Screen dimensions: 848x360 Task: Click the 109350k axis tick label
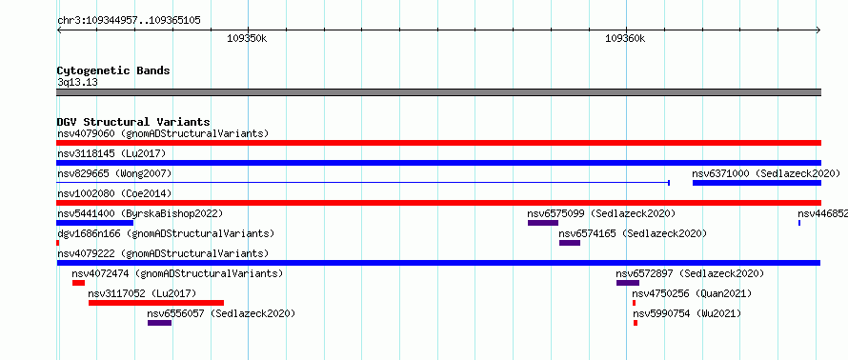[x=247, y=38]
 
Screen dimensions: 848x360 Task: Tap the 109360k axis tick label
[x=625, y=38]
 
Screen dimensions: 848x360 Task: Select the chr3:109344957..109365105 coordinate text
[x=129, y=21]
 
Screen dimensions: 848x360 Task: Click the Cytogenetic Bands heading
[x=113, y=70]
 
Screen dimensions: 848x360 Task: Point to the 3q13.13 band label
[x=77, y=82]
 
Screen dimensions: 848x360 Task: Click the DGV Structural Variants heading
[x=133, y=122]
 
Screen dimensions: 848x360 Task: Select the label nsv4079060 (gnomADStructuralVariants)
[x=163, y=133]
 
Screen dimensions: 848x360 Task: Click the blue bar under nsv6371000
[x=757, y=183]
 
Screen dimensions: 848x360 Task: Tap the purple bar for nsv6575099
[x=543, y=223]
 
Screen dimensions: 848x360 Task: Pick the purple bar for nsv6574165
[x=570, y=243]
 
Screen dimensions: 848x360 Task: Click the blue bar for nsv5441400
[x=94, y=223]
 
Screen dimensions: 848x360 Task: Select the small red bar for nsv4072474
[x=78, y=283]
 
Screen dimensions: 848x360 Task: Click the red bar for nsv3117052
[x=156, y=303]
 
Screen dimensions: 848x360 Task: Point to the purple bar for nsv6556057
[x=159, y=323]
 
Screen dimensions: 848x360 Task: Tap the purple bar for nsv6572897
[x=628, y=283]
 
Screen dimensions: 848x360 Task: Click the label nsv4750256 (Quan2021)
[x=692, y=293]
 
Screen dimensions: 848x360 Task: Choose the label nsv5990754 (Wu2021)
[x=686, y=313]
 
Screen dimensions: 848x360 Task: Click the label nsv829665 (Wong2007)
[x=114, y=173]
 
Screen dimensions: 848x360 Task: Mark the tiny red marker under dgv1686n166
[x=58, y=243]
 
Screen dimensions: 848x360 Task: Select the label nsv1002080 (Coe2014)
[x=111, y=193]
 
